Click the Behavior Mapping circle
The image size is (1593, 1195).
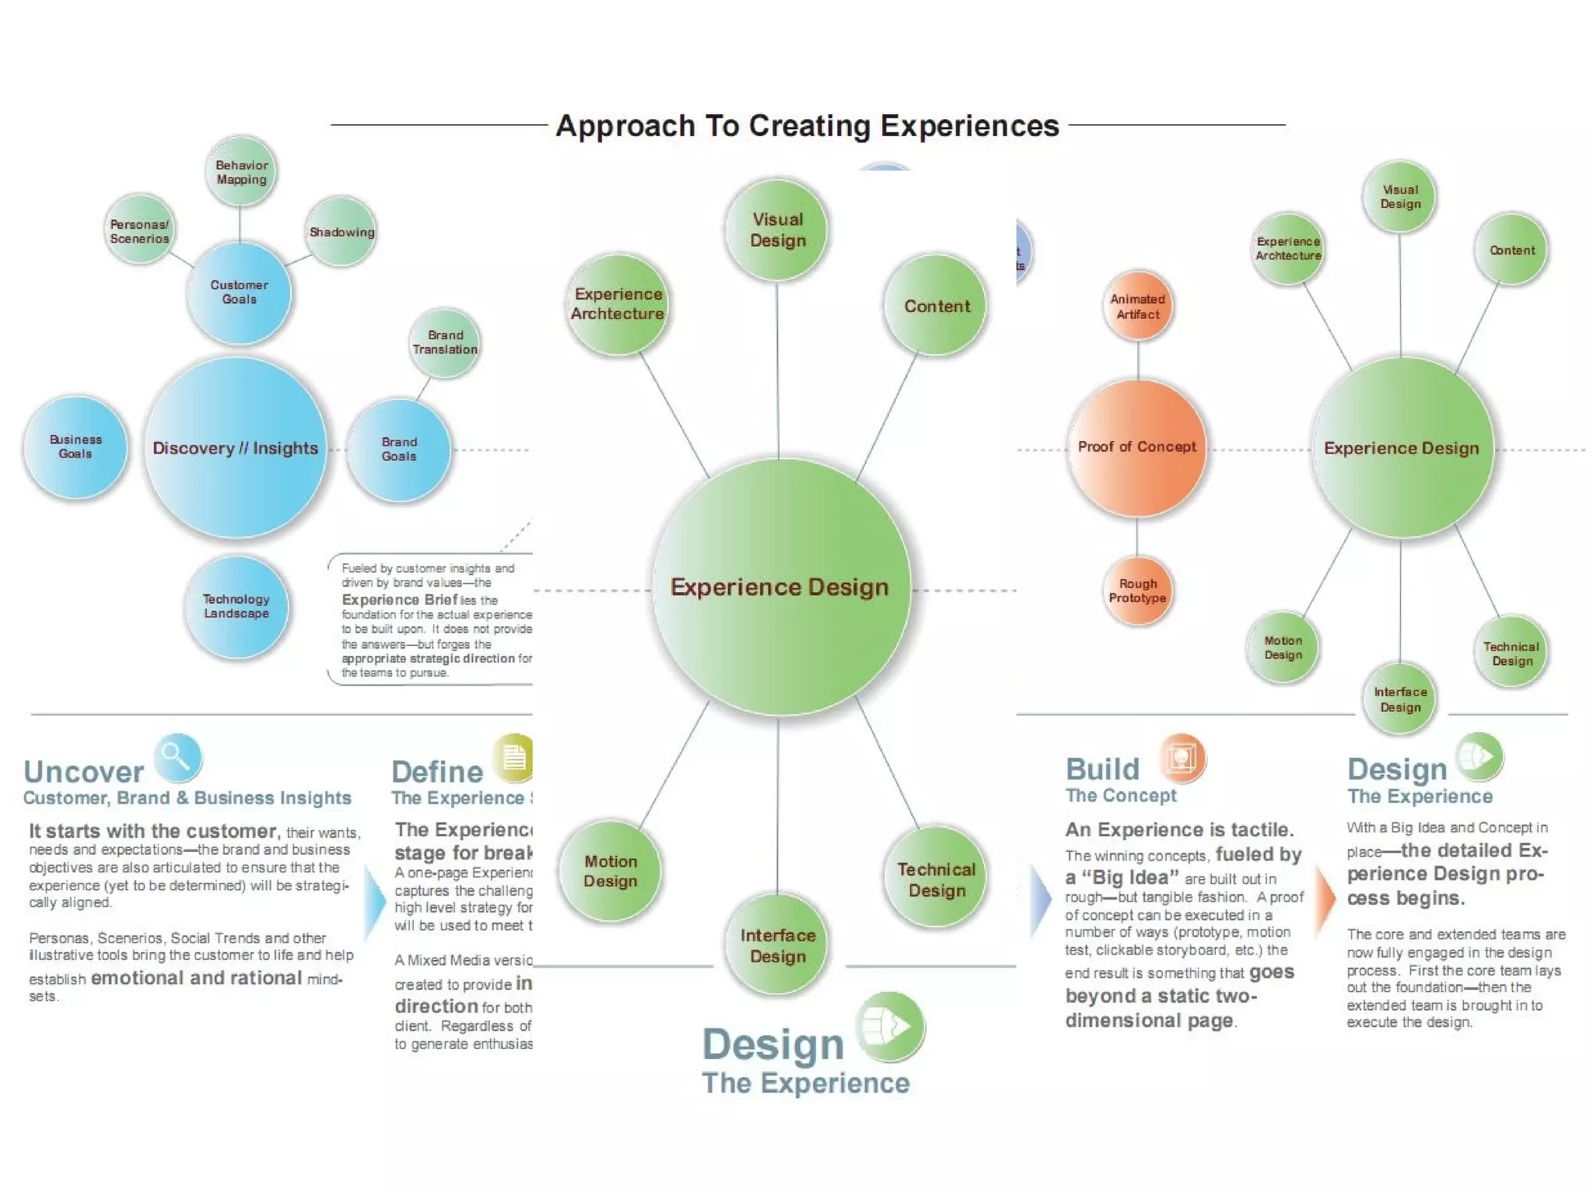[241, 172]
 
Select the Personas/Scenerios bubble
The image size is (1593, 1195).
[140, 230]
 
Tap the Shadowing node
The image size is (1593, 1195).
[341, 232]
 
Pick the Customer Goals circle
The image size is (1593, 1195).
[239, 293]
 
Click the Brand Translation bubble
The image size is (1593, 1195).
[445, 342]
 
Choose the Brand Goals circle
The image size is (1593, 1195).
[399, 449]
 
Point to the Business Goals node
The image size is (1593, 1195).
[75, 447]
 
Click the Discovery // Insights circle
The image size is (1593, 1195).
[235, 448]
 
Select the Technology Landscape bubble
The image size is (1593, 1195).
[236, 606]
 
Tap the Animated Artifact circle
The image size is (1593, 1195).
[1138, 307]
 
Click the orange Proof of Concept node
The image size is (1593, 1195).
[1137, 447]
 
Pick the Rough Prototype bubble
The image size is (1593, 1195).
[1138, 590]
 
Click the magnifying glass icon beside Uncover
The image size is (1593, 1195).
[177, 757]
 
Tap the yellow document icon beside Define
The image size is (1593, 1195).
[514, 757]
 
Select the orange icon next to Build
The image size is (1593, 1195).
[1182, 757]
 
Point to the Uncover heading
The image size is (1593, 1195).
[84, 772]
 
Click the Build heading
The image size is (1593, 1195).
[1102, 769]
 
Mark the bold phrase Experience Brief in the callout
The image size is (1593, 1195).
[399, 600]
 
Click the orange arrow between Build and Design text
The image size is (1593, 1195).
[1325, 899]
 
